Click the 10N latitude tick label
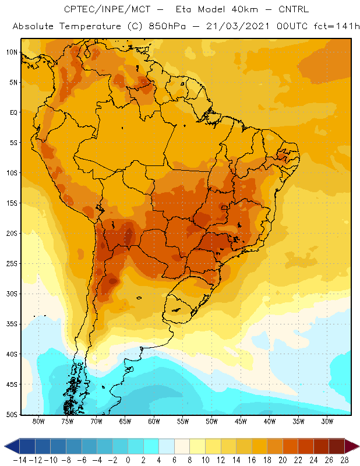12,52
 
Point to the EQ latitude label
13,112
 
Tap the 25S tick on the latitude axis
12,264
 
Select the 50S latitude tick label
12,415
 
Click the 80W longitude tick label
38,421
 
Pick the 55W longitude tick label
183,421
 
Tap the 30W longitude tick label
327,421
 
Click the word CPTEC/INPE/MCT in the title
107,9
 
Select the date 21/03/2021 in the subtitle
238,26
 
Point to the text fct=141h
337,26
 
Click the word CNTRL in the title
294,9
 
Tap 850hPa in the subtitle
167,26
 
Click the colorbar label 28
344,460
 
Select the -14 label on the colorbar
20,460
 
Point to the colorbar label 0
128,460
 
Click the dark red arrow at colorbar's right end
352,446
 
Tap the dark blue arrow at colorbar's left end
12,446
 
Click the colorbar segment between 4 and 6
167,446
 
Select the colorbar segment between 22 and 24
306,446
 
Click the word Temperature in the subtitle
90,26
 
